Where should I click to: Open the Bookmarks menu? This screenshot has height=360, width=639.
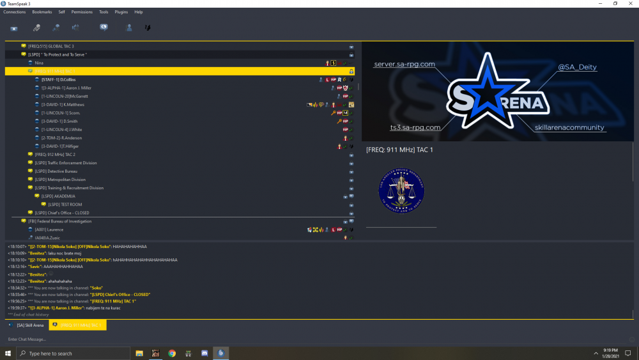click(42, 12)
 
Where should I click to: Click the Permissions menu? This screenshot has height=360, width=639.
click(81, 12)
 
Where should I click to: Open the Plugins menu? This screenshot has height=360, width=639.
click(121, 12)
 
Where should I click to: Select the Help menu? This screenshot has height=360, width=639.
click(139, 12)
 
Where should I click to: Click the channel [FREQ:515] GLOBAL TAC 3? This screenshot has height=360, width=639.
click(51, 47)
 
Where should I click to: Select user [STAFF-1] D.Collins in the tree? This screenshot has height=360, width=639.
click(59, 79)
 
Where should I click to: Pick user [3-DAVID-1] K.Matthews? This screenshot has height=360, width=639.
click(63, 104)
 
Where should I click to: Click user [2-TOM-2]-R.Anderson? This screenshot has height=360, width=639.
click(61, 138)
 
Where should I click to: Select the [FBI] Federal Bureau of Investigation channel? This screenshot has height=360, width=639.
click(59, 221)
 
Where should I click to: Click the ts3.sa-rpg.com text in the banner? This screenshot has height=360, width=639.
click(415, 127)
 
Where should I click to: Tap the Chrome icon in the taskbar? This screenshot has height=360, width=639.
click(172, 353)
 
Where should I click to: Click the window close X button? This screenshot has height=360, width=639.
click(631, 3)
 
